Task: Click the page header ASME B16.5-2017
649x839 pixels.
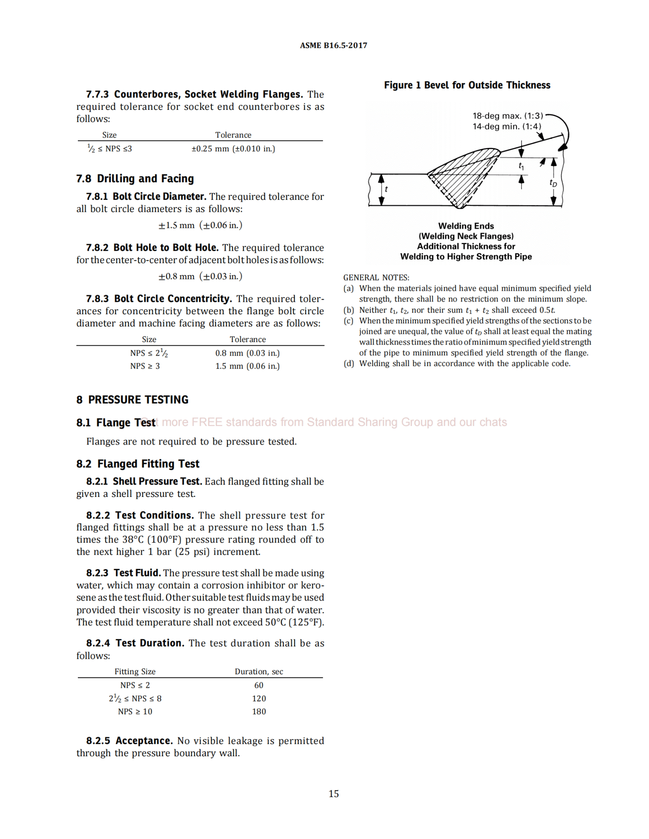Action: coord(333,45)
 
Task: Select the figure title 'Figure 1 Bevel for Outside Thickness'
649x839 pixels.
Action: coord(467,85)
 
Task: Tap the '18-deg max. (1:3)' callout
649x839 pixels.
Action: coord(508,116)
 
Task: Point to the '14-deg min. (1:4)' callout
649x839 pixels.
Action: coord(507,127)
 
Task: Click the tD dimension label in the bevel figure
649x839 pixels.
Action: coord(553,183)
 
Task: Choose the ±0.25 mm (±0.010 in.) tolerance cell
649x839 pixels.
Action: coord(233,149)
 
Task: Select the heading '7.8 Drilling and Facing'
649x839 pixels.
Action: coord(135,179)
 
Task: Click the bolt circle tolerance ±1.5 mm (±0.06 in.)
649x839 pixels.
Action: coord(200,225)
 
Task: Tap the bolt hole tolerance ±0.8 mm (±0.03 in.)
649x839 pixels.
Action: coord(200,277)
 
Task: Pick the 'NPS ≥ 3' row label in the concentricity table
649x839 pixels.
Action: coord(145,366)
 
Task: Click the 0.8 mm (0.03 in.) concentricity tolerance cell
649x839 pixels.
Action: coord(248,353)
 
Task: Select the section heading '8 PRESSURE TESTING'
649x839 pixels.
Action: coord(132,400)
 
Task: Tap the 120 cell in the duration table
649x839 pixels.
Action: coord(259,699)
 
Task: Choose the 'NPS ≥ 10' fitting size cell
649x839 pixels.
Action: coord(135,712)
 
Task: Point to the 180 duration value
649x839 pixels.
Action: coord(259,712)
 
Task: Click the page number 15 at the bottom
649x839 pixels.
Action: coord(334,794)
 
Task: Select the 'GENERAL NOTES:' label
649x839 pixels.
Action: coord(376,278)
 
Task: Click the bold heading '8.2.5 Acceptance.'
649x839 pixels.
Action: coord(129,741)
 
